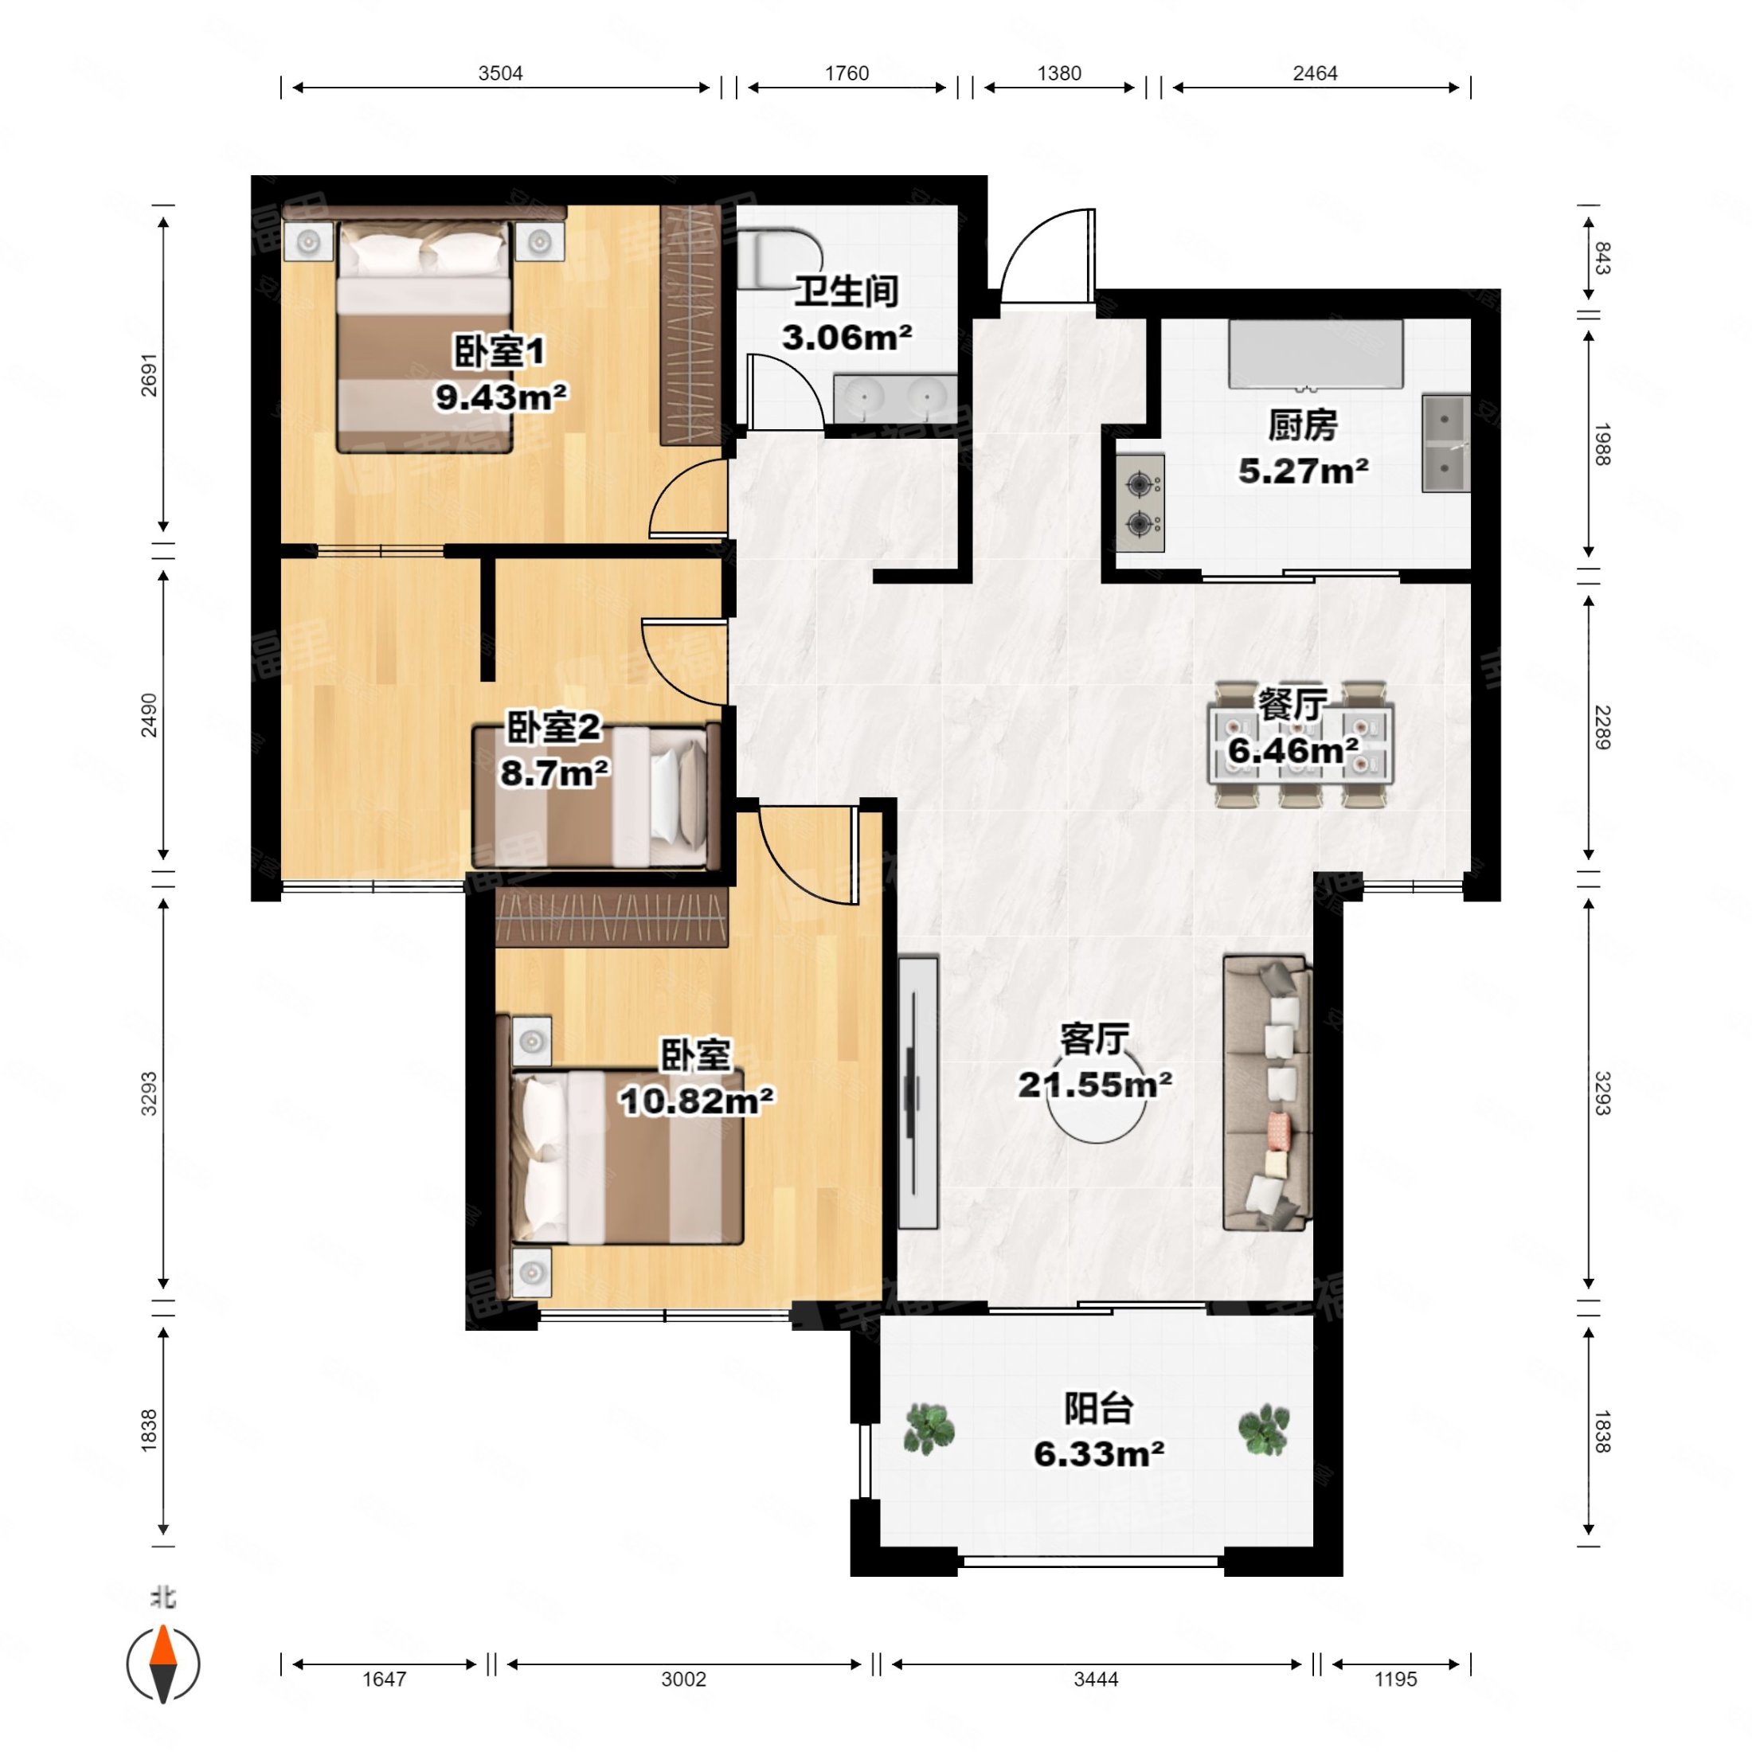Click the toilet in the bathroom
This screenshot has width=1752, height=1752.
[x=778, y=259]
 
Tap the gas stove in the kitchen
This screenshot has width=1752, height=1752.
[x=1140, y=503]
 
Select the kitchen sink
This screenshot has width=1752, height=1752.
[x=1445, y=444]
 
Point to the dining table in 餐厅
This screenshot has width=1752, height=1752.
[x=1300, y=745]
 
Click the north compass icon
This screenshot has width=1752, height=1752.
[x=163, y=1665]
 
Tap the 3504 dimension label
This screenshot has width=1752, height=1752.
[x=501, y=73]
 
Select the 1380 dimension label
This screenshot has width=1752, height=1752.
[x=1059, y=73]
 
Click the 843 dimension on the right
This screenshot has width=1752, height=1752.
[x=1601, y=259]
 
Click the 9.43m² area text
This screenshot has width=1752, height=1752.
[x=502, y=397]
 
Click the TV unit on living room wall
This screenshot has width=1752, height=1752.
[x=917, y=1092]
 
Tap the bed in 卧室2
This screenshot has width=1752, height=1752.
[x=596, y=796]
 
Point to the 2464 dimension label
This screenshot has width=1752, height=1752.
[x=1315, y=73]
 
